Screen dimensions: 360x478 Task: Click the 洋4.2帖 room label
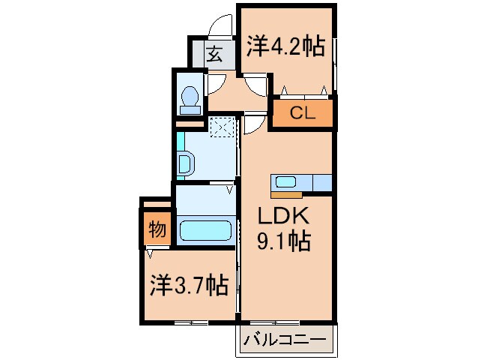point(285,46)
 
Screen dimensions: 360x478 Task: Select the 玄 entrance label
point(213,54)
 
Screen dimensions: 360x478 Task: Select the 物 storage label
point(157,229)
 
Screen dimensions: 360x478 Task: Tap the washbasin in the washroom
point(186,162)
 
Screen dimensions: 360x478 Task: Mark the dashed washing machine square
point(223,128)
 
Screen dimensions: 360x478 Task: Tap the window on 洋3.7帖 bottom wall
point(190,322)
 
